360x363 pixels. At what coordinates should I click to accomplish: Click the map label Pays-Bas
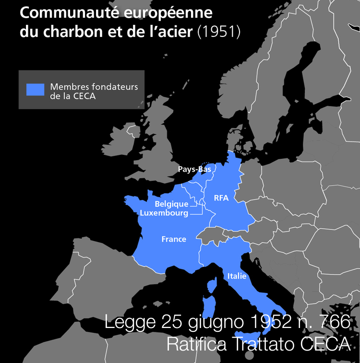coord(194,169)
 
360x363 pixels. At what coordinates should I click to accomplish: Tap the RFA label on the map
coord(221,198)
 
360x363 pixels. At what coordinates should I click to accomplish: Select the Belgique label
coord(171,204)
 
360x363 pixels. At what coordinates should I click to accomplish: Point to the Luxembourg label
coord(164,213)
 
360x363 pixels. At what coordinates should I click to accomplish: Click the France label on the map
coord(174,239)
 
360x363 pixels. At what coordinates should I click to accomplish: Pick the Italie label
coord(237,276)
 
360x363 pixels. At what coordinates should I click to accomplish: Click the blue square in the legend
coord(35,90)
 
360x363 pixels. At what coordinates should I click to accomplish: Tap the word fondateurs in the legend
coord(114,87)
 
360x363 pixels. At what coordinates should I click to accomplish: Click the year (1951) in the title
coord(218,32)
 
